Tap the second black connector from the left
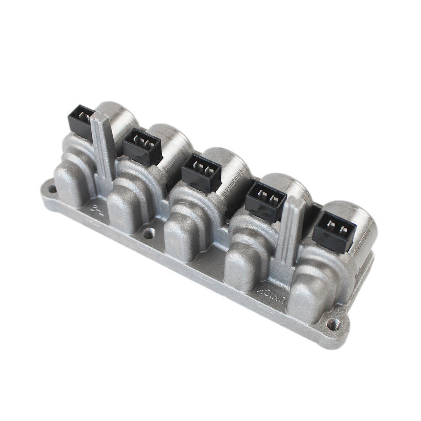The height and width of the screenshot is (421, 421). click(141, 146)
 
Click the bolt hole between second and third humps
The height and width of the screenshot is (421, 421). click(148, 231)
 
